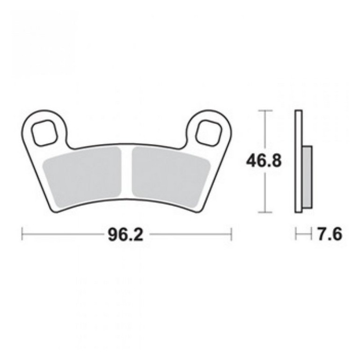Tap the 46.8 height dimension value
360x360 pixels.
click(264, 161)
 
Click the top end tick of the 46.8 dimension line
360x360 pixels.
click(265, 111)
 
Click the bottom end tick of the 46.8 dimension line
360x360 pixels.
click(265, 212)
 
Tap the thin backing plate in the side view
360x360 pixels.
click(298, 161)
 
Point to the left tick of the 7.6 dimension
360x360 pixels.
click(295, 234)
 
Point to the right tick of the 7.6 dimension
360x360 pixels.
click(311, 234)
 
